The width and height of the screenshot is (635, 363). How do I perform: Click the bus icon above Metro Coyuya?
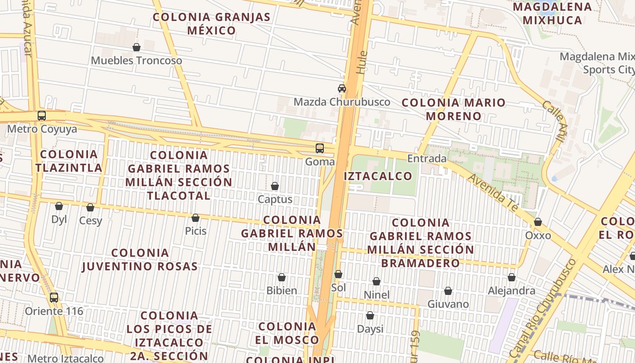[42, 116]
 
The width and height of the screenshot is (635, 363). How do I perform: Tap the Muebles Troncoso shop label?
[136, 60]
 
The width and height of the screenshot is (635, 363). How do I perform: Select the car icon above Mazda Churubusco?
[342, 88]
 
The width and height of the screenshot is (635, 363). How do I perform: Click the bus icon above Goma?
[320, 148]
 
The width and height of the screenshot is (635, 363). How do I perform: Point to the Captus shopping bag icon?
[274, 186]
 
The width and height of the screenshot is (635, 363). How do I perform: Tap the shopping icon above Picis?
[195, 218]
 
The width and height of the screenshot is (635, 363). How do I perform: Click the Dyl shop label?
[59, 220]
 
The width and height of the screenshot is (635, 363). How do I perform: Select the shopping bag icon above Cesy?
[90, 207]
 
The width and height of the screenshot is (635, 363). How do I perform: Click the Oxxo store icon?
[537, 222]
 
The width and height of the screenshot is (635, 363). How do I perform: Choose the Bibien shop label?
[282, 290]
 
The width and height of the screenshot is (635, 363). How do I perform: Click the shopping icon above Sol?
[338, 274]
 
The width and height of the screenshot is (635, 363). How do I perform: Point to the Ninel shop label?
[376, 295]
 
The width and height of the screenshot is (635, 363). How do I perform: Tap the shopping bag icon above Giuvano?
[448, 291]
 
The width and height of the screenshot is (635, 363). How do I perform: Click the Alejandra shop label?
[511, 290]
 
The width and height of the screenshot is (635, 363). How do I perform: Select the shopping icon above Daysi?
[370, 315]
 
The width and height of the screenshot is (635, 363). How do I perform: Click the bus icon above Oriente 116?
[54, 298]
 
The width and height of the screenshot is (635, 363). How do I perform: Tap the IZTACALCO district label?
[378, 176]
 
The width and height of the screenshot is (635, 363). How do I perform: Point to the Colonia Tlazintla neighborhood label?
[69, 161]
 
